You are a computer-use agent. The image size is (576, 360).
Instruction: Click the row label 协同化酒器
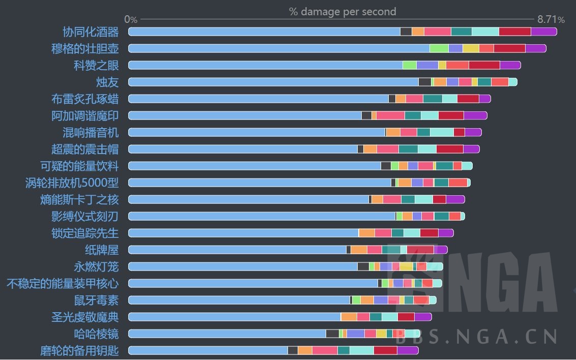(91, 32)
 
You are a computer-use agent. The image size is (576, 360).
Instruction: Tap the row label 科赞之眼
(96, 66)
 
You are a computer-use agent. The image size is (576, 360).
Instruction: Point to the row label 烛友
(107, 82)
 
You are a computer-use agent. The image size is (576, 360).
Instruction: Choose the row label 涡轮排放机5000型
(72, 183)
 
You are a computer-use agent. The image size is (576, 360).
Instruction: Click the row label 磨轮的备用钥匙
(79, 351)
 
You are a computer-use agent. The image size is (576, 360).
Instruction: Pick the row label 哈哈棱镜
(96, 334)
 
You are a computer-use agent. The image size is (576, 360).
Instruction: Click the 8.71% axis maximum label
(551, 20)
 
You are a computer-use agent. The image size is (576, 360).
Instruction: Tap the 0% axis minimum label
(131, 20)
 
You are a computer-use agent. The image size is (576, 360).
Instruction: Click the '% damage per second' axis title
(342, 12)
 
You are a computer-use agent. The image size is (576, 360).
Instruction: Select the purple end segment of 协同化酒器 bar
(543, 32)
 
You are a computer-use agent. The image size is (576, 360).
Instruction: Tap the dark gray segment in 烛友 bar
(425, 82)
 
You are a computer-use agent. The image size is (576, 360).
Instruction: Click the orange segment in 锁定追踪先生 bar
(367, 233)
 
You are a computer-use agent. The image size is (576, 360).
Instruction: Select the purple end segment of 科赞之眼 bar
(510, 65)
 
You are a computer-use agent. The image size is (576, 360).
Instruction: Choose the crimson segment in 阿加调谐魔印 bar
(451, 115)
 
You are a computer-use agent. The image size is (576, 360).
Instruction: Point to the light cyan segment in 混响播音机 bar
(442, 132)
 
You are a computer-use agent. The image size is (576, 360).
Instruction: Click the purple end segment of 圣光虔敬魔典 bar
(423, 317)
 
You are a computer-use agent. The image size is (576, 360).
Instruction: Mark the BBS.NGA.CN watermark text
(476, 337)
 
